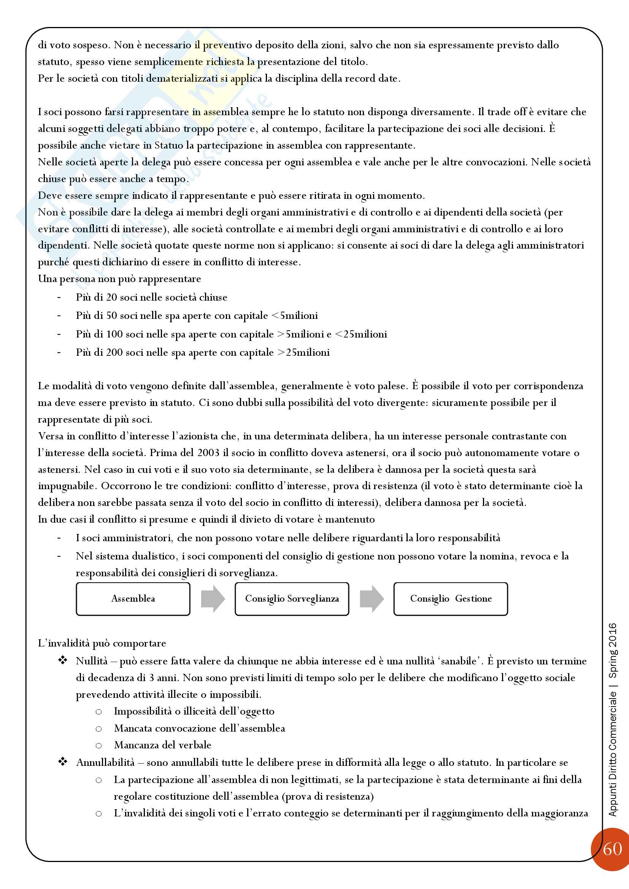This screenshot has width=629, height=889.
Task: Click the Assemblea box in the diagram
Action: [133, 599]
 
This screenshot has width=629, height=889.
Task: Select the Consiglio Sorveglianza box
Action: [292, 599]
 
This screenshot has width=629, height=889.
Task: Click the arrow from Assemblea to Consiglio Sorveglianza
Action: [213, 599]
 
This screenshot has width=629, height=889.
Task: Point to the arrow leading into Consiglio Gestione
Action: [372, 599]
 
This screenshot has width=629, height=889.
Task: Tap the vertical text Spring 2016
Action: [613, 650]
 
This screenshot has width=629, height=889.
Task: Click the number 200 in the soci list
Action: [114, 352]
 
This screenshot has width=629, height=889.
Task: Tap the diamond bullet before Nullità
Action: [62, 661]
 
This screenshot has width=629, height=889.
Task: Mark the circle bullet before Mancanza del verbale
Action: [99, 745]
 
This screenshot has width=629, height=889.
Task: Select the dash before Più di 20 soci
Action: [59, 297]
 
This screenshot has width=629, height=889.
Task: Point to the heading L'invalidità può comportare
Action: [102, 643]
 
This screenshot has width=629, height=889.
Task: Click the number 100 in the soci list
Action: [114, 334]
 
